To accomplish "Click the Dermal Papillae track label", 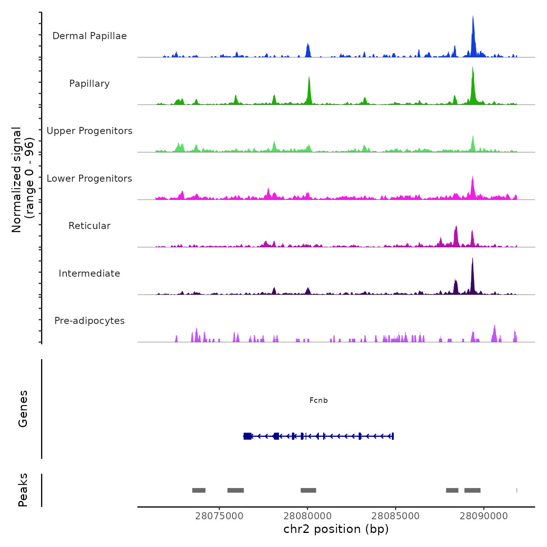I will [89, 36].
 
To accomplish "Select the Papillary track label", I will [89, 84].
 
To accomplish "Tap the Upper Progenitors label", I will [89, 131].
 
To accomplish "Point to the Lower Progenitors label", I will [89, 179].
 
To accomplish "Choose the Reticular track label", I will [89, 226].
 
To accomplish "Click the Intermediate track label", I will [89, 273].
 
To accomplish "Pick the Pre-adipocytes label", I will [89, 321].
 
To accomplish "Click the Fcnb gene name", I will [318, 400].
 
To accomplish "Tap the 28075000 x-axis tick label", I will [219, 516].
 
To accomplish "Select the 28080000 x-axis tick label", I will [307, 516].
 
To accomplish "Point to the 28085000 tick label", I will [395, 516].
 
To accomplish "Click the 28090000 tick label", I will [484, 516].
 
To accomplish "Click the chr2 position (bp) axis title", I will [336, 529].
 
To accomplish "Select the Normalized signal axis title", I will [23, 180].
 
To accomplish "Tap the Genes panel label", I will [23, 409].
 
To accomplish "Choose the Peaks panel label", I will [23, 490].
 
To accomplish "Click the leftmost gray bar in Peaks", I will [199, 490].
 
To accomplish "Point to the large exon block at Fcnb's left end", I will [247, 436].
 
